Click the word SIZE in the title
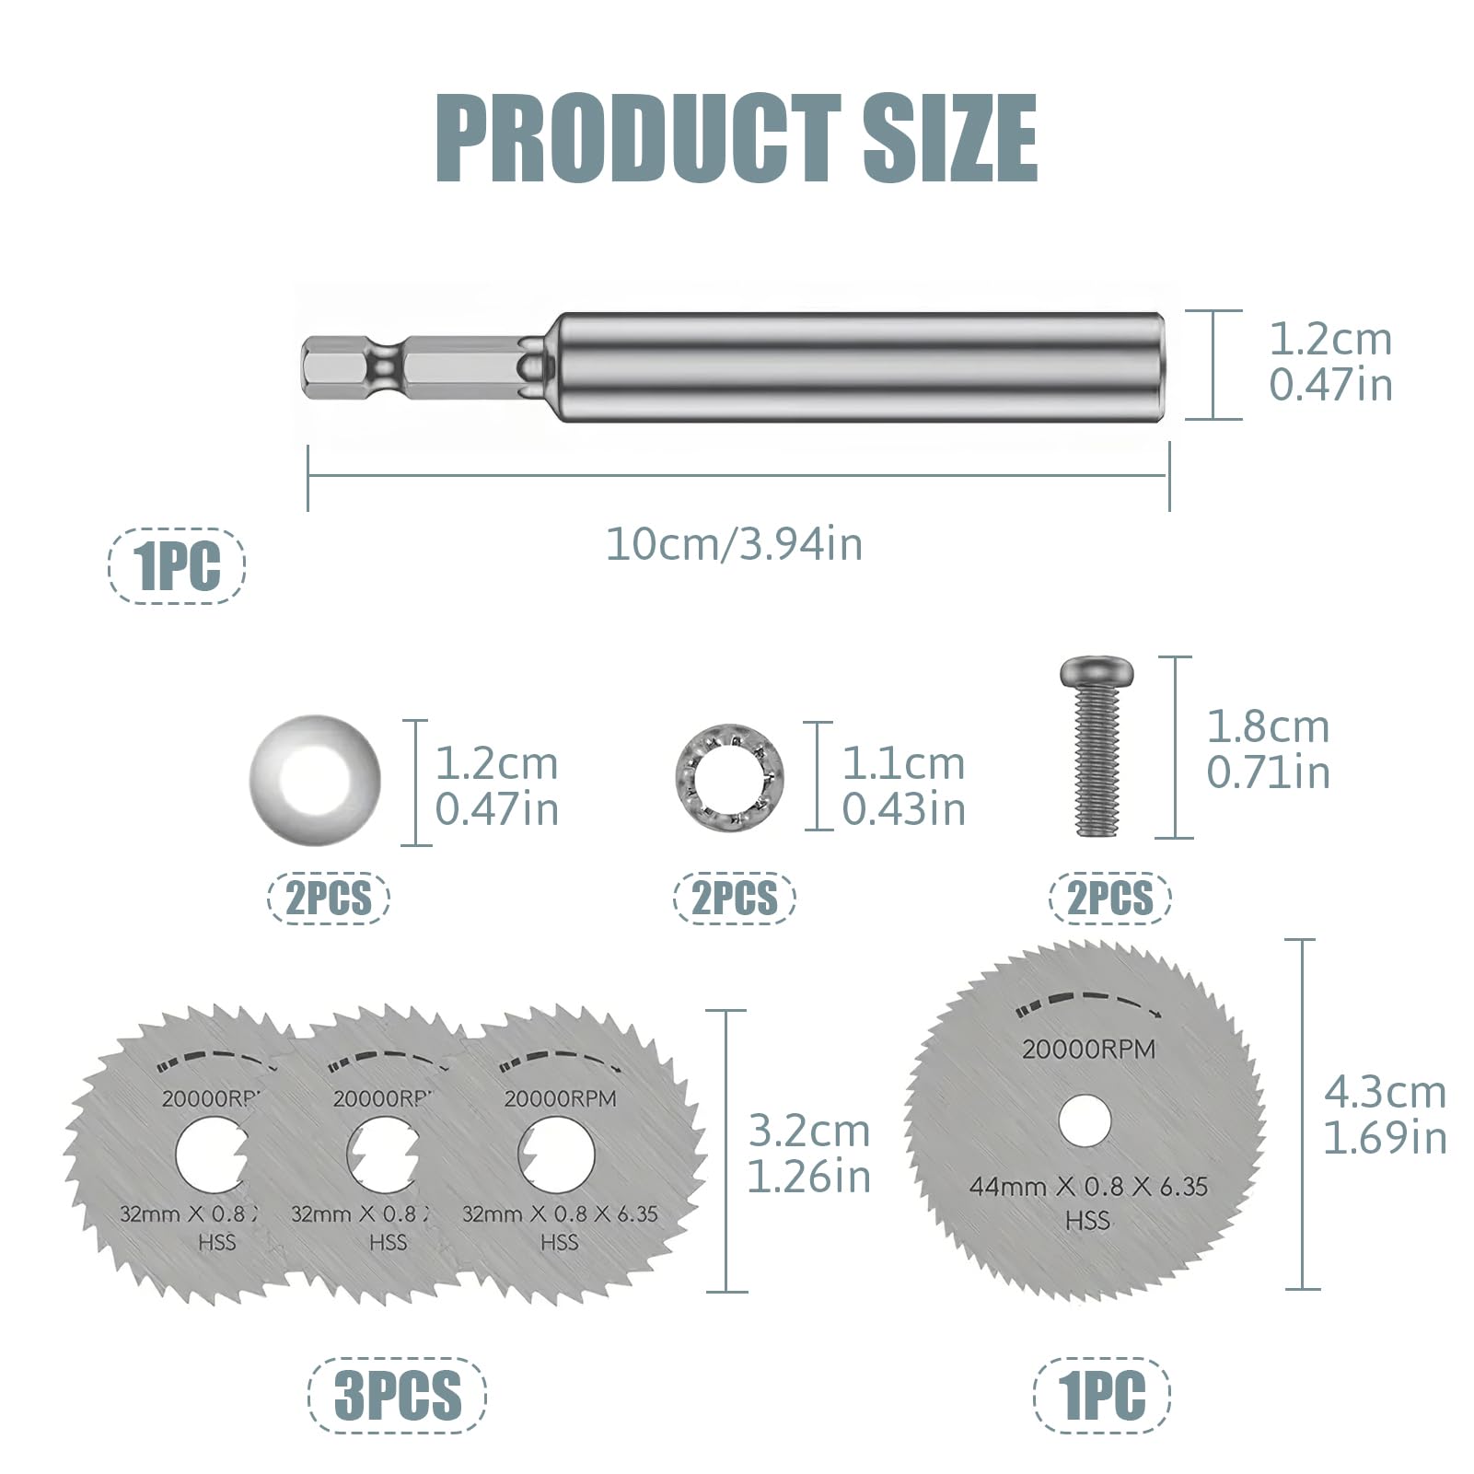950,138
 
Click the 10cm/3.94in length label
735,544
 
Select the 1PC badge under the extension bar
177,565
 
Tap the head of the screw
1097,672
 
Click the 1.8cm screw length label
1268,750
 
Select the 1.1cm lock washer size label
903,787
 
